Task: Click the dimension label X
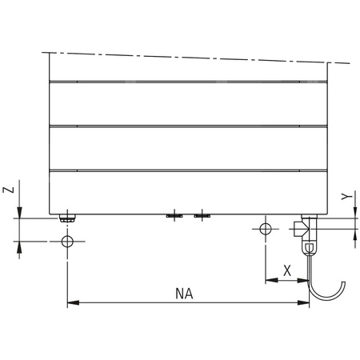[x=287, y=270]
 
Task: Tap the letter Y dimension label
[x=344, y=195]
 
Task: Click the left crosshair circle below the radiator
[x=68, y=242]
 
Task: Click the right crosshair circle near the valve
[x=266, y=230]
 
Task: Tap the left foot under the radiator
[x=68, y=216]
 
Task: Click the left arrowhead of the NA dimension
[x=72, y=303]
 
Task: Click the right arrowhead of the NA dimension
[x=305, y=303]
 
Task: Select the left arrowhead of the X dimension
[x=270, y=280]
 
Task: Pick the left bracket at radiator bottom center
[x=173, y=215]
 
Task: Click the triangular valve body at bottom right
[x=300, y=229]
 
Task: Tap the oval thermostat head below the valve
[x=309, y=248]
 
